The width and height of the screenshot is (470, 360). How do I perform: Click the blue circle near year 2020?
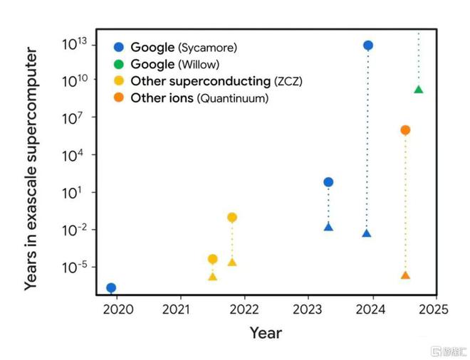(x=111, y=287)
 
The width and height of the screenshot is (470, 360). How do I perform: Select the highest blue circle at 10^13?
(x=367, y=46)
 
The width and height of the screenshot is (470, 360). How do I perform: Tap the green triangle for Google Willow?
(x=418, y=89)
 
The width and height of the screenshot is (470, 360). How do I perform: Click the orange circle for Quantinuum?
(x=405, y=129)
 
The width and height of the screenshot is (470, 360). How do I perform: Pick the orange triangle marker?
(x=405, y=275)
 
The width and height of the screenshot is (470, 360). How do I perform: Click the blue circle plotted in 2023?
(x=328, y=182)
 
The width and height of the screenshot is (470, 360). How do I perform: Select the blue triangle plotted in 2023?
(x=328, y=227)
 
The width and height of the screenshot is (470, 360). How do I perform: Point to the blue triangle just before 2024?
(x=366, y=233)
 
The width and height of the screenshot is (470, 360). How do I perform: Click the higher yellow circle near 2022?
(x=231, y=217)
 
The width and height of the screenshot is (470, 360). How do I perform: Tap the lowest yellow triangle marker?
(x=212, y=276)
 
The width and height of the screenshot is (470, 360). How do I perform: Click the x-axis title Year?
(x=266, y=333)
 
